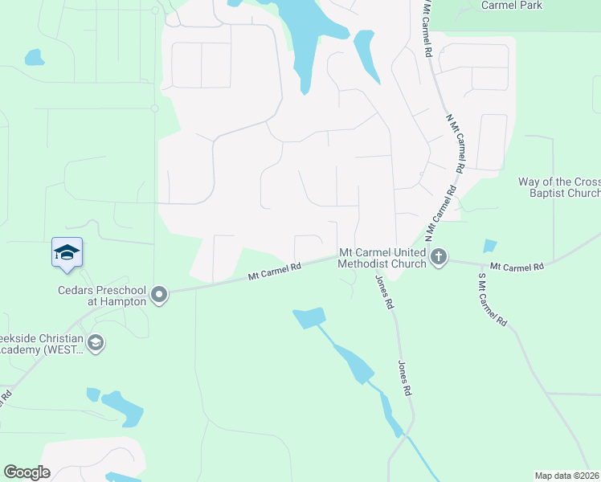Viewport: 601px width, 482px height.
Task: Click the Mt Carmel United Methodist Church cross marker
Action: (438, 257)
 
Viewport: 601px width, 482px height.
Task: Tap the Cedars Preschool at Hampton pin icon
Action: (159, 295)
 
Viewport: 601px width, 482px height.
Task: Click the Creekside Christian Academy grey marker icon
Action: (96, 344)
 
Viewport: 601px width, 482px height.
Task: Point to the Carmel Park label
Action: (511, 6)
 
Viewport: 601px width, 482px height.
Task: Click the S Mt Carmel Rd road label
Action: (493, 299)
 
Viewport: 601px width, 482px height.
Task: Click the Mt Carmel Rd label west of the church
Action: (274, 272)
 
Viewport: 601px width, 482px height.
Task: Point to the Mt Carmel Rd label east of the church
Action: (517, 265)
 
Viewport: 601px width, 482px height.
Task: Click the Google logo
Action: (27, 472)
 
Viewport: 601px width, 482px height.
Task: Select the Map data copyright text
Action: (566, 476)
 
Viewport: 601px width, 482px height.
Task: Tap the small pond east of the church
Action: (490, 246)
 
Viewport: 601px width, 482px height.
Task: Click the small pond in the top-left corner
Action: (34, 57)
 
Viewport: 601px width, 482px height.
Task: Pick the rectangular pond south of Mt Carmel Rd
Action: (309, 318)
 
